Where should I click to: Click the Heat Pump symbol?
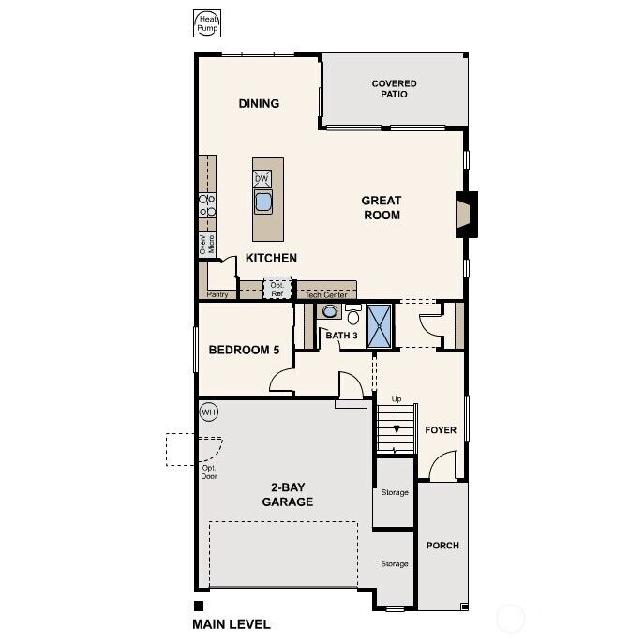(x=205, y=23)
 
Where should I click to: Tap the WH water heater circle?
(x=208, y=412)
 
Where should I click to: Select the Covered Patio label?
(x=394, y=89)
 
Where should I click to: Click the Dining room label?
(x=259, y=104)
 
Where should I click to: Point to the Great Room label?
(x=382, y=207)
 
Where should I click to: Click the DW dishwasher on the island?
(x=262, y=178)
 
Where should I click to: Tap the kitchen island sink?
(x=263, y=202)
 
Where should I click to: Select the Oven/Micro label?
(x=206, y=244)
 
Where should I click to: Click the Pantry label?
(x=218, y=294)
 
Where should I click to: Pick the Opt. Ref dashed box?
(x=277, y=289)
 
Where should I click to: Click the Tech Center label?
(x=326, y=294)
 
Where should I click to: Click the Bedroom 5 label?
(x=244, y=350)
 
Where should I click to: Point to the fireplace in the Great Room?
(x=465, y=211)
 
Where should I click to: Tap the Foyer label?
(x=441, y=430)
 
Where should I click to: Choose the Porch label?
(x=442, y=546)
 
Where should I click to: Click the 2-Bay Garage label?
(x=287, y=494)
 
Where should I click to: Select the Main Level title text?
(x=232, y=623)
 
